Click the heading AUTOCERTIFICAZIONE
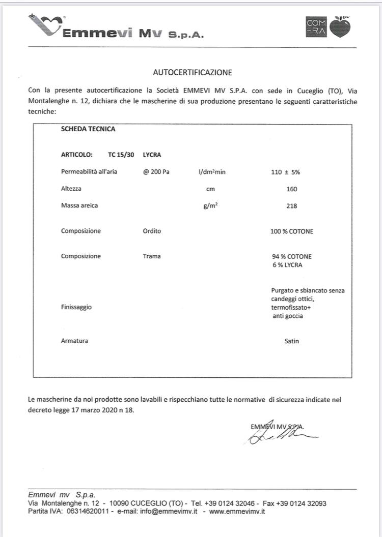point(193,72)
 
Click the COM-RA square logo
point(316,27)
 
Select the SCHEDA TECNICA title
point(88,129)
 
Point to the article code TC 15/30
point(121,155)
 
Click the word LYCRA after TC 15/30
point(152,155)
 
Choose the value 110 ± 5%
point(285,172)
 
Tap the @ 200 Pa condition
point(156,172)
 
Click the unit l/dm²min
point(212,172)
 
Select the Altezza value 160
point(292,189)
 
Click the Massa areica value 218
point(292,206)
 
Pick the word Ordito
point(152,231)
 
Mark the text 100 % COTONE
point(292,231)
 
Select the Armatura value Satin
point(292,341)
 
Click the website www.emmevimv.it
point(237,511)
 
